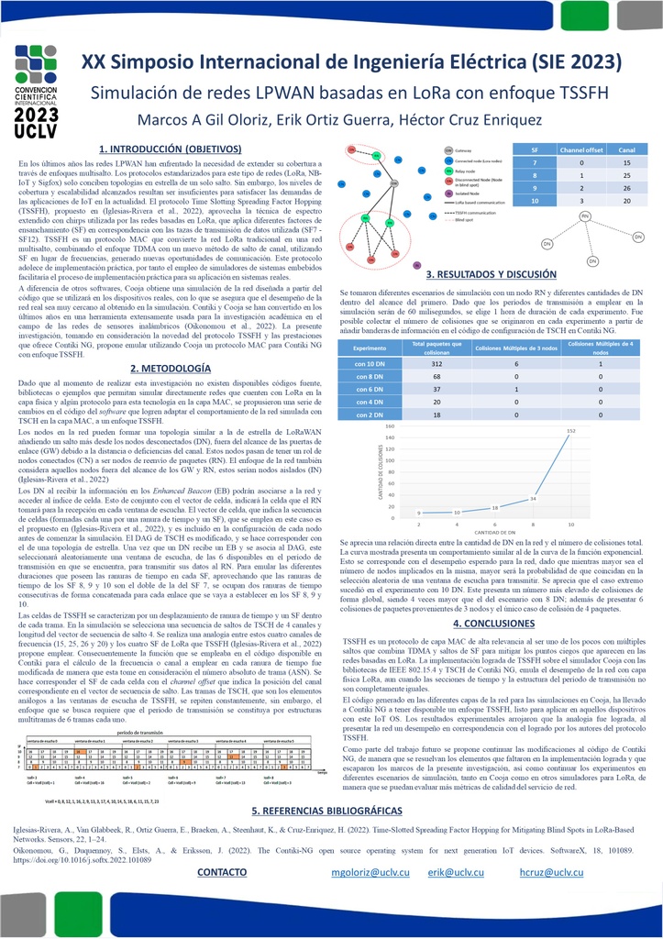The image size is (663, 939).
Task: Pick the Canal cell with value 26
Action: pyautogui.click(x=627, y=188)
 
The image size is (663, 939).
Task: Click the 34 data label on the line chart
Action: pyautogui.click(x=533, y=499)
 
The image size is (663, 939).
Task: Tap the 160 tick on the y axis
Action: pyautogui.click(x=390, y=426)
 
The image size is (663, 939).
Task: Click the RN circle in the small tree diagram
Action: pyautogui.click(x=583, y=215)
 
